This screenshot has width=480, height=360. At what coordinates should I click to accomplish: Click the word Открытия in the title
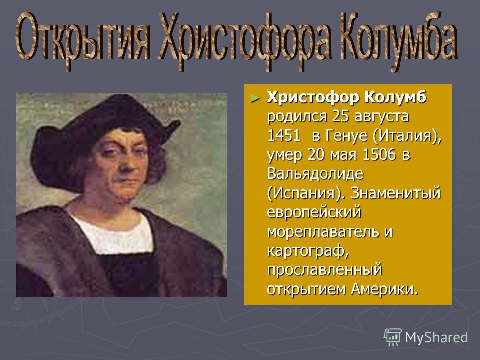pyautogui.click(x=83, y=40)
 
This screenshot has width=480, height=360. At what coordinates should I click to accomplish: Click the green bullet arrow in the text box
pyautogui.click(x=255, y=98)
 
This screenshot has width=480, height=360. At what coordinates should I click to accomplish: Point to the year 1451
pyautogui.click(x=284, y=136)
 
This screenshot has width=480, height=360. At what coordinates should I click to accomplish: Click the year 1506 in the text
pyautogui.click(x=379, y=155)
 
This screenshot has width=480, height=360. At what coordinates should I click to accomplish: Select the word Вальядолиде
pyautogui.click(x=315, y=174)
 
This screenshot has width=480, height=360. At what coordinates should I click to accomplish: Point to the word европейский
pyautogui.click(x=314, y=213)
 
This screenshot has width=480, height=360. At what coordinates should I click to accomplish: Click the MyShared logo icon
pyautogui.click(x=393, y=337)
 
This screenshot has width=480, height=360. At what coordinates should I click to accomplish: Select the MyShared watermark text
pyautogui.click(x=436, y=337)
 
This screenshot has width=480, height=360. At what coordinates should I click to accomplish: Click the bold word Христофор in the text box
pyautogui.click(x=313, y=98)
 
